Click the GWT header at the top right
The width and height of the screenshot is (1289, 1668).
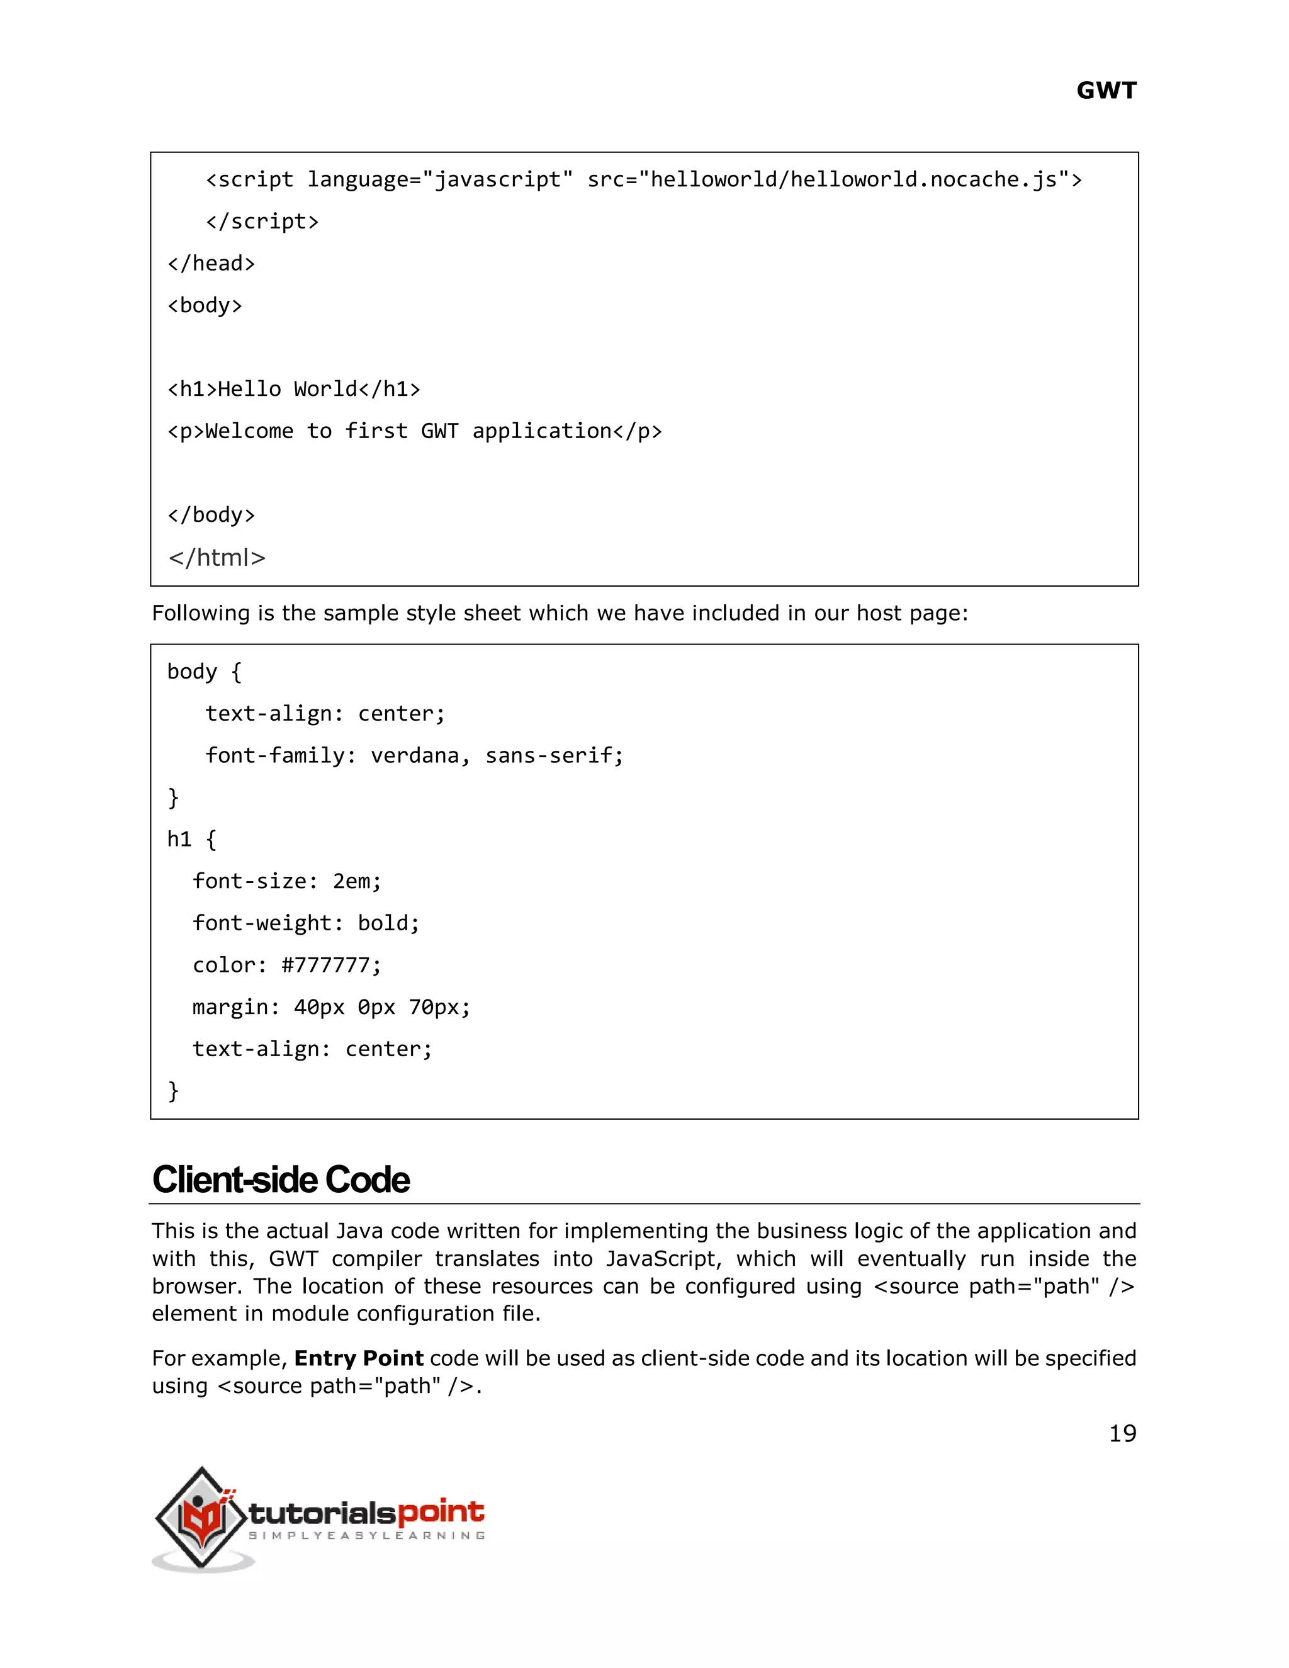pyautogui.click(x=1106, y=91)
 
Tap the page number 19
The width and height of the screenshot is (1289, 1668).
pyautogui.click(x=1122, y=1433)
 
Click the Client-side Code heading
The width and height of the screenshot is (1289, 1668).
pyautogui.click(x=280, y=1180)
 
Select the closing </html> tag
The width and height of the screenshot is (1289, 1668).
pyautogui.click(x=217, y=558)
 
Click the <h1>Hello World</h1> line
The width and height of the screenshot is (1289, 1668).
pyautogui.click(x=294, y=390)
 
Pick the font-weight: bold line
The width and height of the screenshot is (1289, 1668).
pyautogui.click(x=305, y=923)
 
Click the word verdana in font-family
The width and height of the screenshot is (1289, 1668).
pyautogui.click(x=414, y=756)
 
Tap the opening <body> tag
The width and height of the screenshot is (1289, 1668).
pyautogui.click(x=205, y=305)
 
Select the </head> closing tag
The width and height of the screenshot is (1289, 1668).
pyautogui.click(x=211, y=264)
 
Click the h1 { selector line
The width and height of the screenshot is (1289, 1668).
pyautogui.click(x=192, y=839)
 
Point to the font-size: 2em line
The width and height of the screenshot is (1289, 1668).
pyautogui.click(x=286, y=881)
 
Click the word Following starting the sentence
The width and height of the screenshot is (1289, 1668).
pyautogui.click(x=200, y=613)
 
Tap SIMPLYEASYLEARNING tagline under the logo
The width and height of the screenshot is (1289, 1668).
pyautogui.click(x=366, y=1535)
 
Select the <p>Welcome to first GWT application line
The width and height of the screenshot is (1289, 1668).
pyautogui.click(x=414, y=432)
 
